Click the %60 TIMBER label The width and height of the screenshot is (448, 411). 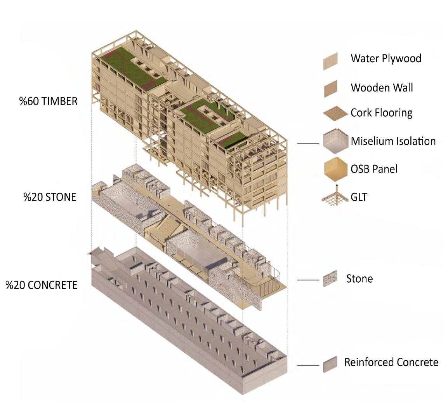[x=49, y=101]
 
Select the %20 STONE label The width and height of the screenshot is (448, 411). [x=50, y=197]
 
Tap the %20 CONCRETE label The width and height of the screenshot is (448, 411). [x=42, y=285]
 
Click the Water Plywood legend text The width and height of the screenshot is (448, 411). [x=386, y=59]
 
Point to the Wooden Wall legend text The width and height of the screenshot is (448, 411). [x=382, y=87]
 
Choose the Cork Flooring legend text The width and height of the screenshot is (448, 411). [x=381, y=113]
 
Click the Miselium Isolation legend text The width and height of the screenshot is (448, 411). [x=393, y=141]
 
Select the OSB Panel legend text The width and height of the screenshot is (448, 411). [x=374, y=169]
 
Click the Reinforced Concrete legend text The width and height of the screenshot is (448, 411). [x=391, y=362]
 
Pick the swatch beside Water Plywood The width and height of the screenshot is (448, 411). [x=330, y=61]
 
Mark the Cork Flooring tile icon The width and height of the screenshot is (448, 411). [x=334, y=113]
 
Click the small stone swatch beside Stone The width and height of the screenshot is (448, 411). [x=330, y=279]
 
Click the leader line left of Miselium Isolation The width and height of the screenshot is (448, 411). [x=308, y=144]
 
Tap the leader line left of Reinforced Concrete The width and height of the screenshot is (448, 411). [x=308, y=365]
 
